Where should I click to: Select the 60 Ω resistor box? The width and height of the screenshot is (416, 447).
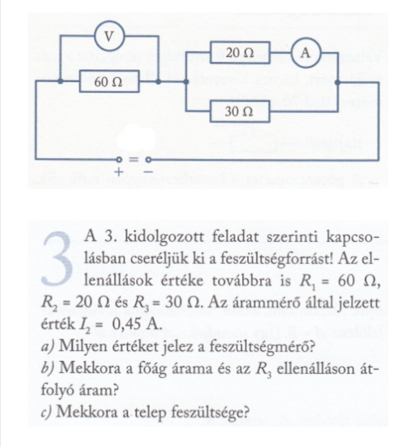109,82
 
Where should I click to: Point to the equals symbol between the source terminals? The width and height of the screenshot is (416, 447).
133,160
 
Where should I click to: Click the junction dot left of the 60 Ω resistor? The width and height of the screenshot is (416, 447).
60,82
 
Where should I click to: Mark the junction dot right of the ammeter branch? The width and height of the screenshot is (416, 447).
337,83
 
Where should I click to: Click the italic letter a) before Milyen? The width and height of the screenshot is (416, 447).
48,347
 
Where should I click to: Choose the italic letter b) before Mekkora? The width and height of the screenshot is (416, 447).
48,368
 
